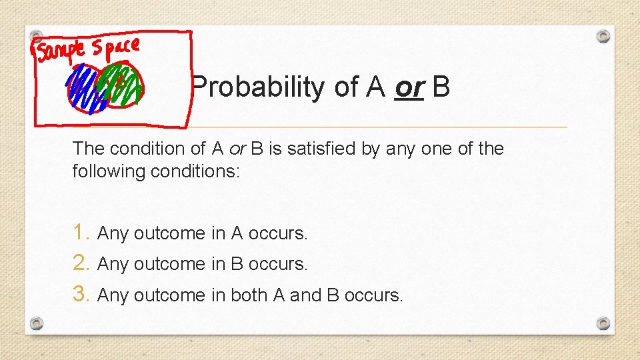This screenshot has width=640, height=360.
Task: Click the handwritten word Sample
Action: [x=62, y=50]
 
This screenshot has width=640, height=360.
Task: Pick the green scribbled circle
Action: [x=123, y=83]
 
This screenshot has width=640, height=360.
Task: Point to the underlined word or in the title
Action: [x=409, y=87]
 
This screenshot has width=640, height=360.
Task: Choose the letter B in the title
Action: [x=441, y=87]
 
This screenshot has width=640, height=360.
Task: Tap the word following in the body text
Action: [x=109, y=171]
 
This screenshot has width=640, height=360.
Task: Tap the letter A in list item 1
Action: [x=237, y=233]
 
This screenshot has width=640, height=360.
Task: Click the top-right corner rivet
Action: [x=603, y=36]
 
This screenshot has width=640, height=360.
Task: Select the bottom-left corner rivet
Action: [x=37, y=323]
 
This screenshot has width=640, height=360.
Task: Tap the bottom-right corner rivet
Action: [x=603, y=323]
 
